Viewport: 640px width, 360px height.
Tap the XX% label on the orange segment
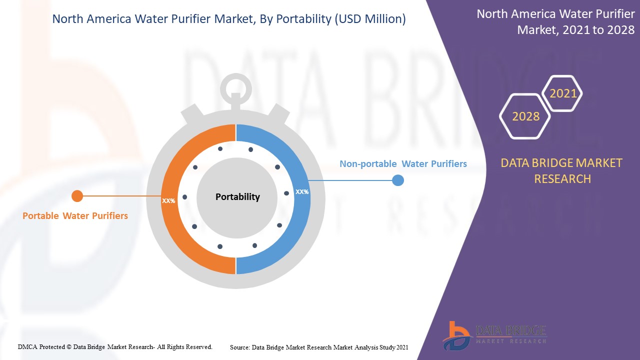point(168,201)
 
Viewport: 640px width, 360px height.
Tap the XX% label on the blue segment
point(302,192)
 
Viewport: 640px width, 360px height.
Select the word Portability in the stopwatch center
point(237,197)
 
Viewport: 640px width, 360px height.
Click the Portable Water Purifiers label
point(75,215)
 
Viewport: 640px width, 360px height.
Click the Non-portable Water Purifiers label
point(403,163)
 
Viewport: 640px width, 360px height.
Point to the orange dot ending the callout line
point(77,196)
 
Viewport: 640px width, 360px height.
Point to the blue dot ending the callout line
point(398,180)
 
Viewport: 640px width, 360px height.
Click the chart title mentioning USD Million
point(229,19)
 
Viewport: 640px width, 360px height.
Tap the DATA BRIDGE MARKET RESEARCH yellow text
point(561,171)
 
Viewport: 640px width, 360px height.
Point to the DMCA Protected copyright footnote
point(115,347)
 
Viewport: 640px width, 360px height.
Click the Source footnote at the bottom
point(319,347)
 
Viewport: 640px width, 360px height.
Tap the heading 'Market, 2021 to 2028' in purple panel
point(575,29)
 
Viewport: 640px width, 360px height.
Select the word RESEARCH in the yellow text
point(562,179)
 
